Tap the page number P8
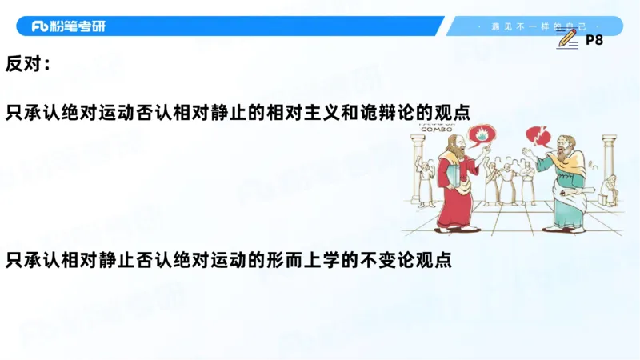[594, 39]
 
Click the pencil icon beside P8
[566, 38]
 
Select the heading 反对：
[28, 64]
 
